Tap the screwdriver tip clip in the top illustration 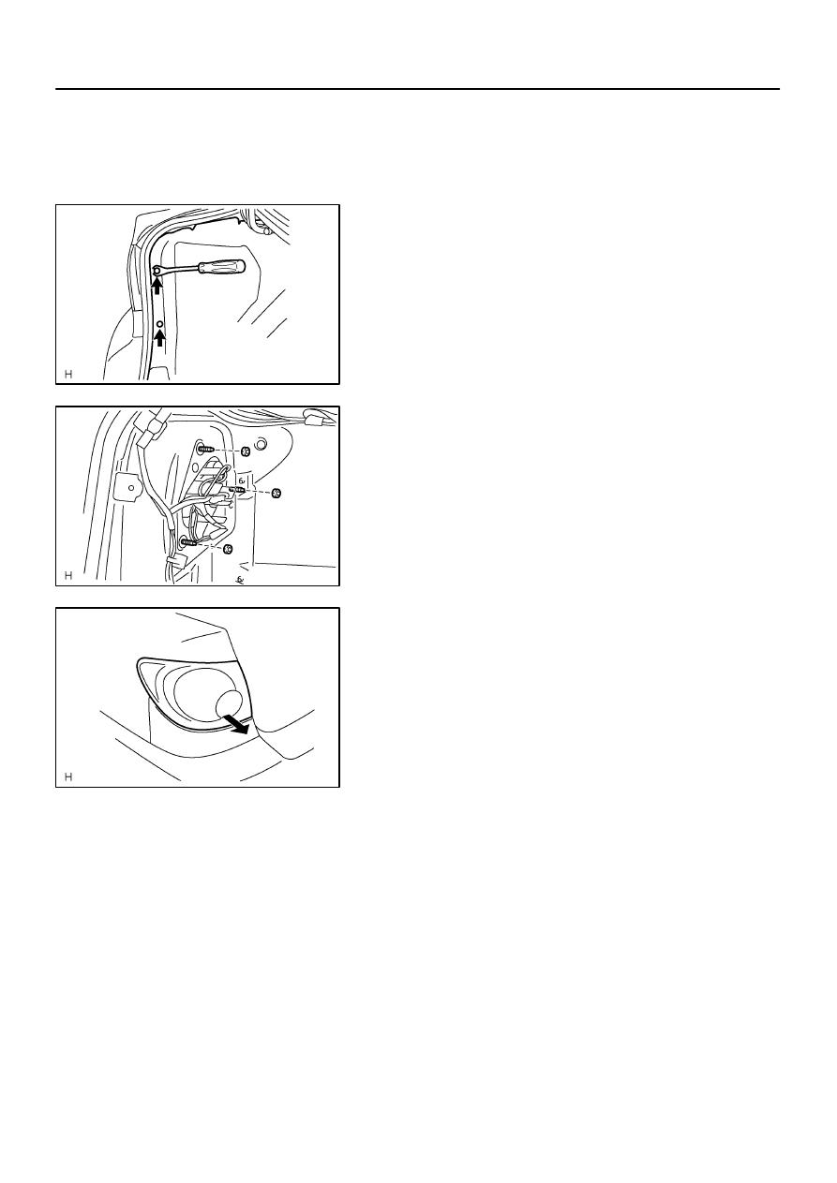[157, 271]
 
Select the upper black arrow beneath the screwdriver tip [157, 286]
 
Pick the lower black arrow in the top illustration [159, 337]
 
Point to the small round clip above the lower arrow [160, 323]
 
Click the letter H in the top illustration [68, 375]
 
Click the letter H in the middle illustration [68, 576]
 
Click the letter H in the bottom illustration [68, 776]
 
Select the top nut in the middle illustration [246, 451]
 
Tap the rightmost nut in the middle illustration [276, 494]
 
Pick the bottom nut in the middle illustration [229, 549]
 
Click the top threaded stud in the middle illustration [206, 450]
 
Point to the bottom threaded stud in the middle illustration [188, 541]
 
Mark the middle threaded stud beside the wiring [238, 491]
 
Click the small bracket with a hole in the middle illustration [129, 487]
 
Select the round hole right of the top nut [260, 445]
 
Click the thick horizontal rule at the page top [417, 89]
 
